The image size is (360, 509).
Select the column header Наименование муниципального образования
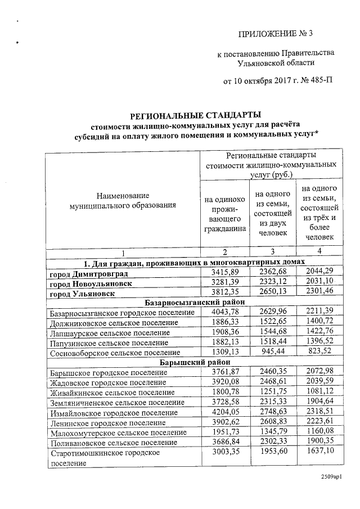123,201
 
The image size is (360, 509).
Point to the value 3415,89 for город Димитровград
224,273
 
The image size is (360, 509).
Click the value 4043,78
224,313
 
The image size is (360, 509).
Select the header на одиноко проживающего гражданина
224,214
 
